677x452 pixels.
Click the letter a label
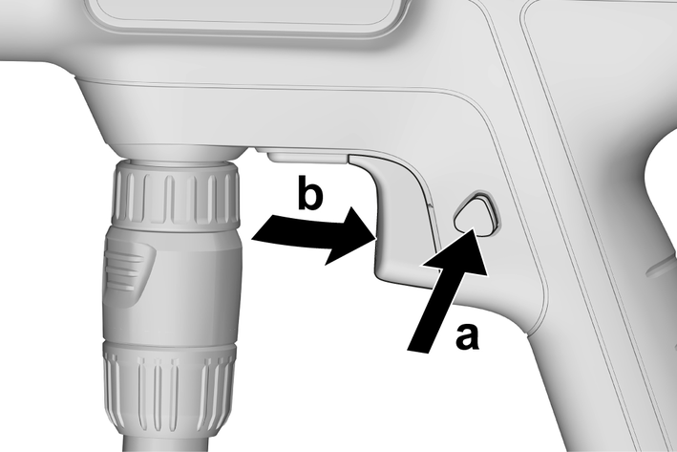pyautogui.click(x=467, y=336)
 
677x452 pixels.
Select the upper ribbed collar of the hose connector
pyautogui.click(x=176, y=194)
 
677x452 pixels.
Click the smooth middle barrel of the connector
pyautogui.click(x=172, y=285)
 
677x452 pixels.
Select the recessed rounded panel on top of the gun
pyautogui.click(x=242, y=15)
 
